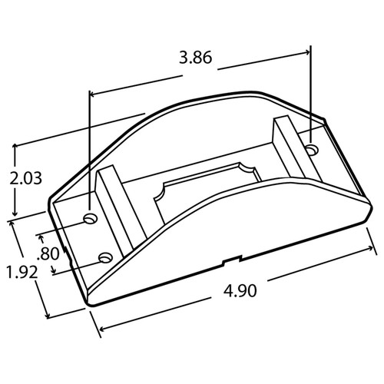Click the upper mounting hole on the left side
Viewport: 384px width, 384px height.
90,220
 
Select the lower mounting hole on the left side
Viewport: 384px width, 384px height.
105,256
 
